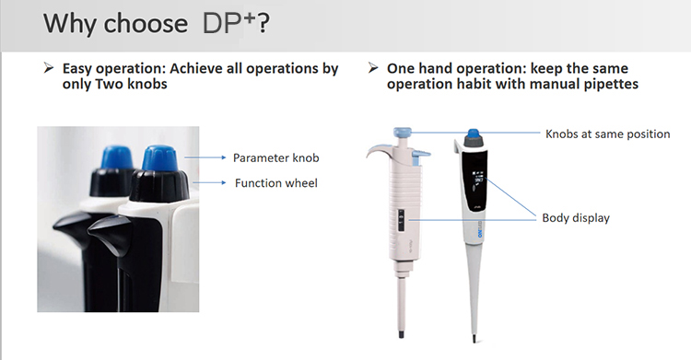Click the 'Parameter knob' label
point(276,157)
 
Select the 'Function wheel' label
point(276,183)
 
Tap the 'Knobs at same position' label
point(608,134)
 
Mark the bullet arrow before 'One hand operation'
point(372,69)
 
